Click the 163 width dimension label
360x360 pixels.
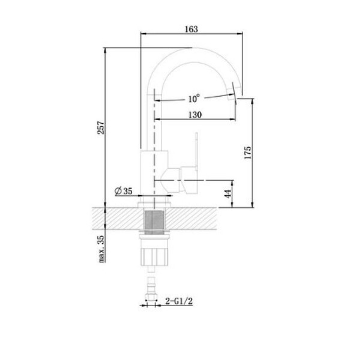(x=191, y=29)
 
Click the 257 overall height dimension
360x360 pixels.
(x=101, y=128)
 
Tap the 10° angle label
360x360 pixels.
(x=194, y=99)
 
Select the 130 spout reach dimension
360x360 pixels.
(x=195, y=115)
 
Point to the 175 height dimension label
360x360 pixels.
(x=248, y=152)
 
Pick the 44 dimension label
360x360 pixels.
(x=228, y=194)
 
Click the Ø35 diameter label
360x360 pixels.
(x=124, y=191)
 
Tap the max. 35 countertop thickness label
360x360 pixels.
(x=101, y=249)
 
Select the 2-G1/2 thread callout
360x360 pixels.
(x=179, y=301)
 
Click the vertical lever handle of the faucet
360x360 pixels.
(x=196, y=152)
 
